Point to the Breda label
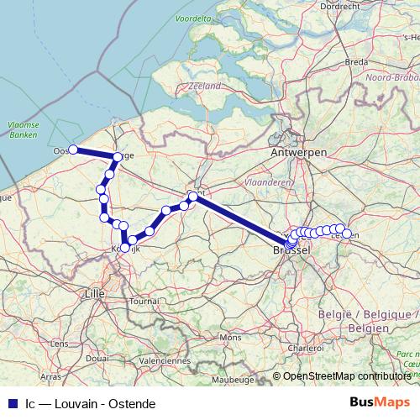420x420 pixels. point(358,62)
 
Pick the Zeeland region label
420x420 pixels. point(206,86)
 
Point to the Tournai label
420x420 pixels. point(144,301)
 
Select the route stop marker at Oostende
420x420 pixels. point(73,150)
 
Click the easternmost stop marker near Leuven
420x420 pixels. point(347,234)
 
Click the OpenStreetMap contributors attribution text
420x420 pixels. point(347,376)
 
